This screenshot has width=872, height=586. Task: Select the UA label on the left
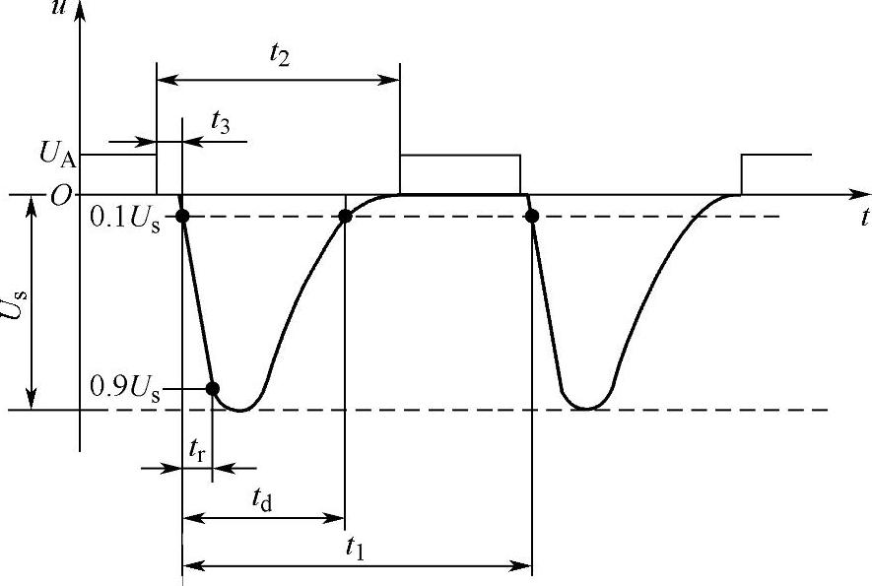58,154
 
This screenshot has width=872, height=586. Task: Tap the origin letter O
61,196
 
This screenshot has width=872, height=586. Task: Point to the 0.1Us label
127,217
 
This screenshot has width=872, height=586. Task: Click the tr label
198,447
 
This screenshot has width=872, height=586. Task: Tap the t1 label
356,551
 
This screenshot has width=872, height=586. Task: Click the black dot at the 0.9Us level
212,387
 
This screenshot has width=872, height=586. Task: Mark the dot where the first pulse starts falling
183,217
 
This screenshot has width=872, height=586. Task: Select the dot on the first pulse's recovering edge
345,217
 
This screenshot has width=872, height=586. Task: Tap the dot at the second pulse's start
532,217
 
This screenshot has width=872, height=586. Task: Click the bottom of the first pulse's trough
240,409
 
